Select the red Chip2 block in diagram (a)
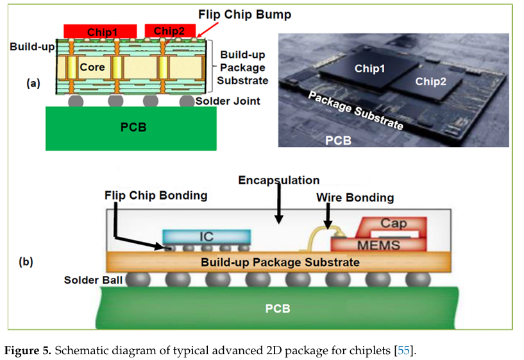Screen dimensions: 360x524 (x=165, y=31)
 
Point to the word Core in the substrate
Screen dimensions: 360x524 (x=92, y=67)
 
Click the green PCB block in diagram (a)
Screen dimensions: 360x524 (x=133, y=127)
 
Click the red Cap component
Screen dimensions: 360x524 (x=393, y=225)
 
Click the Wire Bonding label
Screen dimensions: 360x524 (x=355, y=198)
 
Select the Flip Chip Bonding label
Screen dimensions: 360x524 (x=156, y=195)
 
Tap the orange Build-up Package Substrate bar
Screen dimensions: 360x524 (x=280, y=262)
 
